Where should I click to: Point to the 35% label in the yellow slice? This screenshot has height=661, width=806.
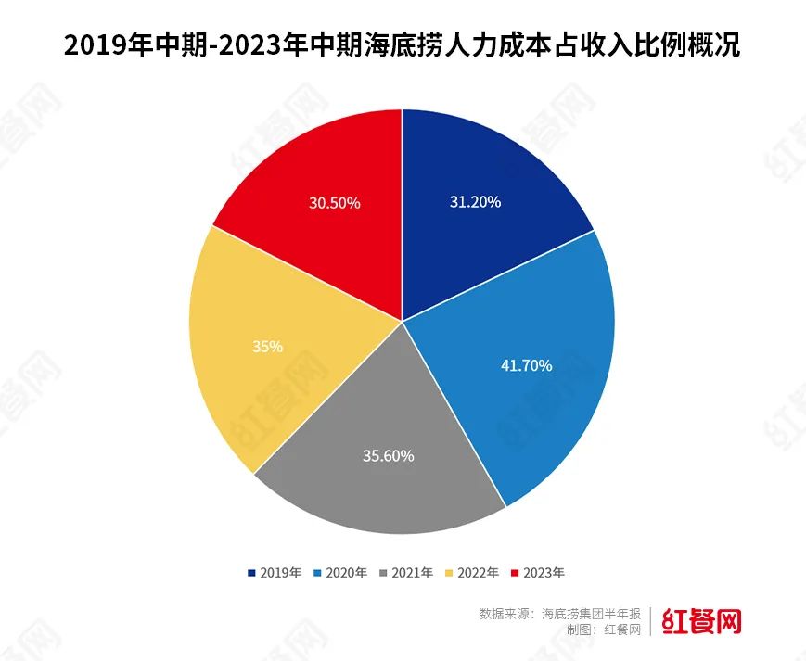tap(267, 346)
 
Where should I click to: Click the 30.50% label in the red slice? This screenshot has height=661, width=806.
tap(335, 201)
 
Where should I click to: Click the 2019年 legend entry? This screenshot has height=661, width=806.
tap(275, 573)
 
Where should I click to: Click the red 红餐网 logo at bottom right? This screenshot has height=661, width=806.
tap(702, 621)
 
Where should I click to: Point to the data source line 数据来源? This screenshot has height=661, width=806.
tap(560, 614)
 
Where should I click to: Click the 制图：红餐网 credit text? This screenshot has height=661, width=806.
tap(603, 629)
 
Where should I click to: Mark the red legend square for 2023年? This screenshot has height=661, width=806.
tap(516, 573)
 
